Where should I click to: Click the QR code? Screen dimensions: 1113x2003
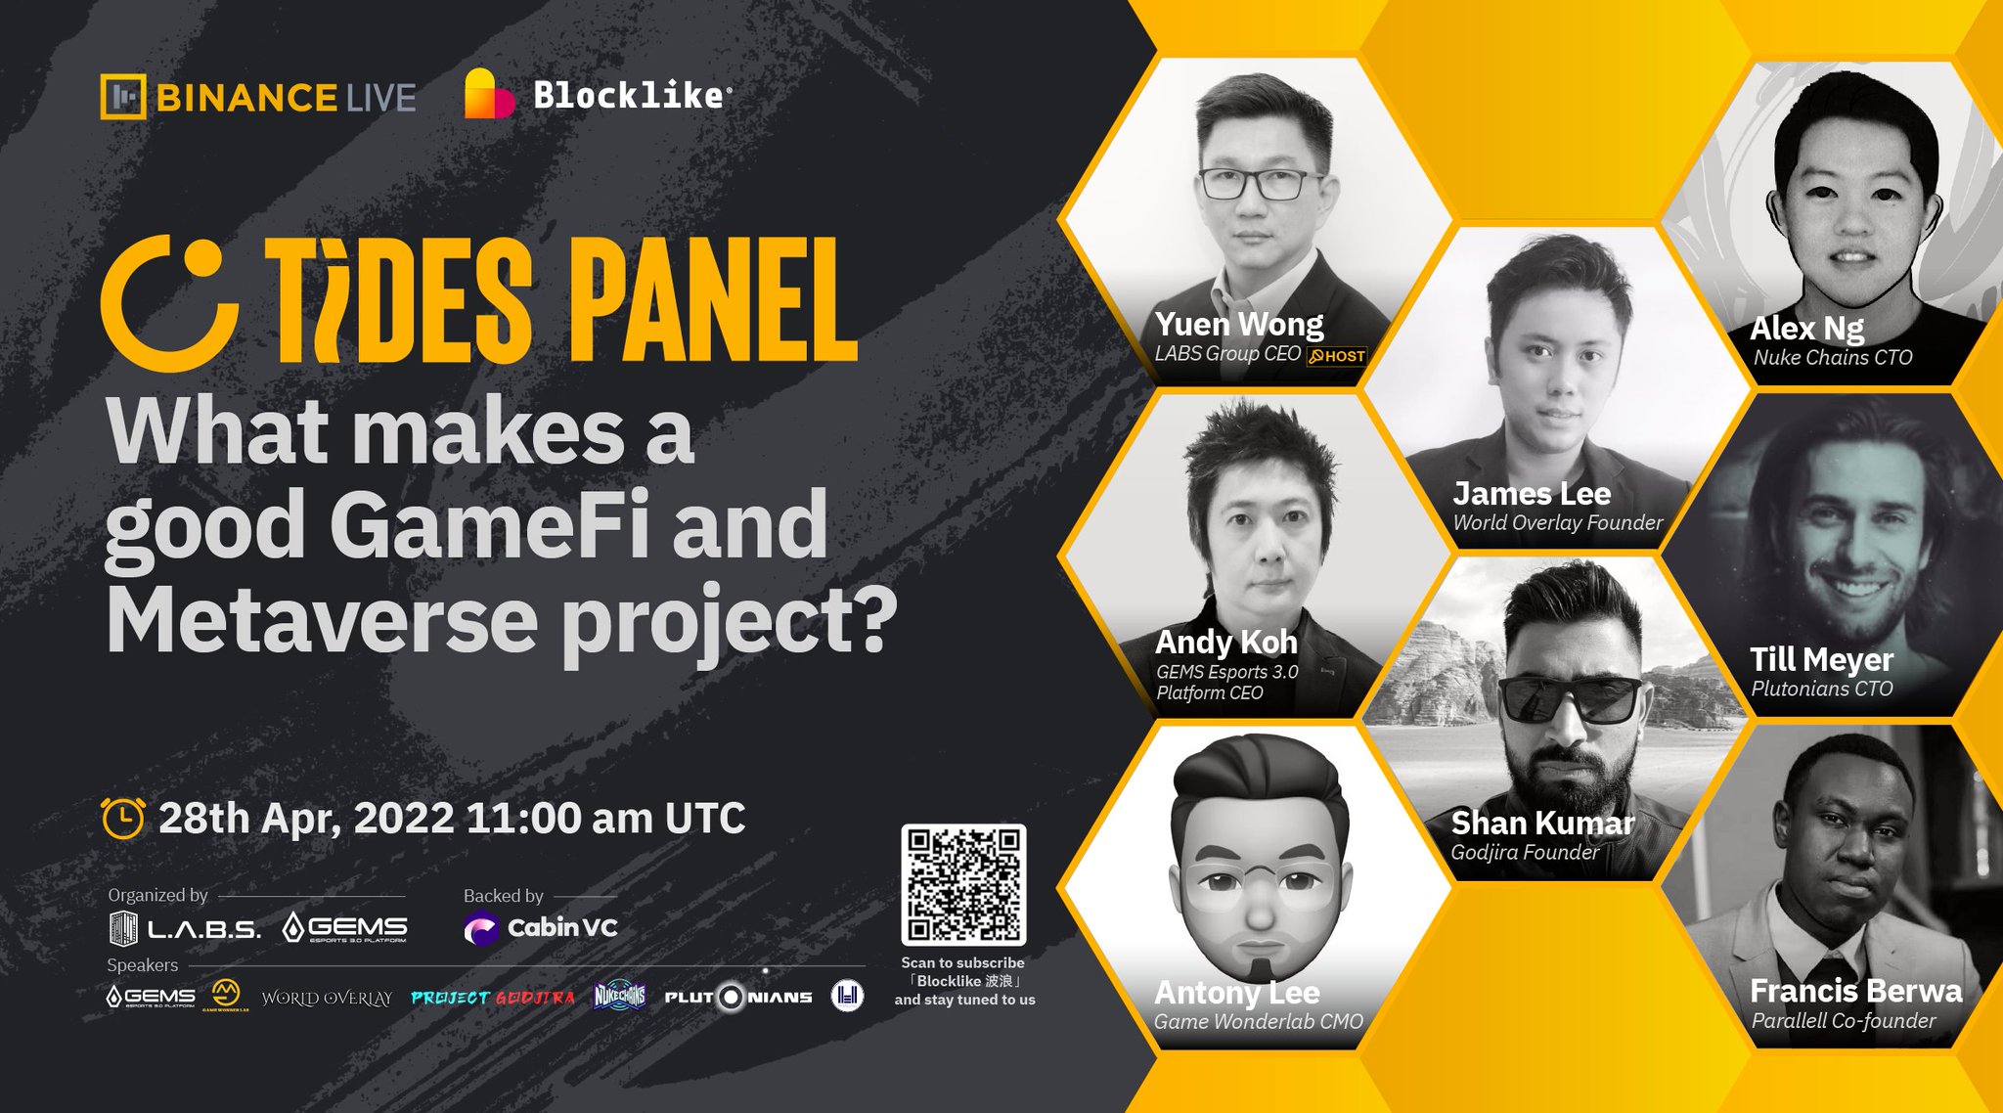coord(963,884)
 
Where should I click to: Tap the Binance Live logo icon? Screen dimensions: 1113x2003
coord(123,97)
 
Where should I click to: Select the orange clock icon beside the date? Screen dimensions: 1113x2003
coord(123,818)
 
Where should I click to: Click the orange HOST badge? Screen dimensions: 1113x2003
coord(1337,356)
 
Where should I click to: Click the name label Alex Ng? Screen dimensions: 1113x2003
coord(1806,329)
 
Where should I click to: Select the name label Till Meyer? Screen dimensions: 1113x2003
coord(1821,659)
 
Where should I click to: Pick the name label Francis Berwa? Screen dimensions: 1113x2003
coord(1855,991)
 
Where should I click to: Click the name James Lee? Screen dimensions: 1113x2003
coord(1531,493)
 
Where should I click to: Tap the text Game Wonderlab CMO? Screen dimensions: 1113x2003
coord(1258,1022)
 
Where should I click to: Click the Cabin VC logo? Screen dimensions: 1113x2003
coord(541,927)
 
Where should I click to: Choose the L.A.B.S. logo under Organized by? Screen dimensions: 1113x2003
coord(185,927)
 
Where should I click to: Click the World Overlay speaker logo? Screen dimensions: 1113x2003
coord(327,998)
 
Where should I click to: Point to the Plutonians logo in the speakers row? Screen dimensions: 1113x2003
coord(738,997)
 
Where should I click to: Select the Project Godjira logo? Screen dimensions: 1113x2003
coord(493,998)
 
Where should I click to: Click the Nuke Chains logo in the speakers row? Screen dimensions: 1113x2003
coord(619,996)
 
